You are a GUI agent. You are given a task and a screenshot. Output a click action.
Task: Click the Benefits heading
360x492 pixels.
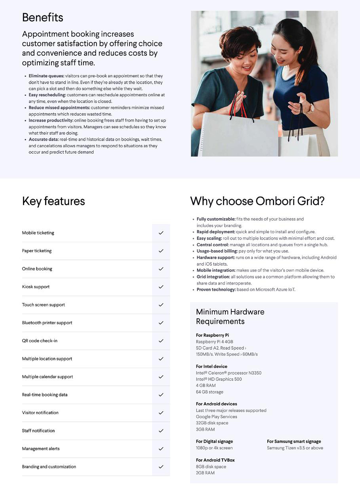[42, 17]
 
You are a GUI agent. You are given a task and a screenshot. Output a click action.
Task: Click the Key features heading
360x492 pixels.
[53, 201]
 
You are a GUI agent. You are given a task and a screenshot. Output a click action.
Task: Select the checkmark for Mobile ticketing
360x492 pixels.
[161, 233]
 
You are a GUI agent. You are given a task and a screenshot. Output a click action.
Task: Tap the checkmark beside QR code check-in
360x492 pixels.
[161, 341]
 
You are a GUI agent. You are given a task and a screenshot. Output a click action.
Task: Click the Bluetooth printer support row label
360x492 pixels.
[47, 323]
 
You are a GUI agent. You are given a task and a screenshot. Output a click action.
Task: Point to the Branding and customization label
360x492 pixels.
[49, 467]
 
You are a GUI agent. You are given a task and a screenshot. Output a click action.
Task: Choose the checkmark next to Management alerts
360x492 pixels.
[161, 449]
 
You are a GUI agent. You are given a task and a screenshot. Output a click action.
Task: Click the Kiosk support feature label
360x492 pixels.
[36, 287]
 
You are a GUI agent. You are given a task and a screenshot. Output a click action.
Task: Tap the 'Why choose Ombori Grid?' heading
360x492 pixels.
[257, 201]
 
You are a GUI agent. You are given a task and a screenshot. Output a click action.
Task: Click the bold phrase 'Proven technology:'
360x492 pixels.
[216, 290]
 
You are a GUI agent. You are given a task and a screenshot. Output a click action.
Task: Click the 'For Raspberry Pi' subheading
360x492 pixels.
[212, 335]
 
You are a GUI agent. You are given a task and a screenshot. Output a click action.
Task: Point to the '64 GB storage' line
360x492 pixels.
[210, 392]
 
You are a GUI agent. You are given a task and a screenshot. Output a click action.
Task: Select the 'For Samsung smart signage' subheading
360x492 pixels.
[294, 441]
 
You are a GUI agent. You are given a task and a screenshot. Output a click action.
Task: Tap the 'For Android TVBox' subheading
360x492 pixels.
[215, 460]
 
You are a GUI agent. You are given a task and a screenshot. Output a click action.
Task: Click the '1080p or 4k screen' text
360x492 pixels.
[214, 448]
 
